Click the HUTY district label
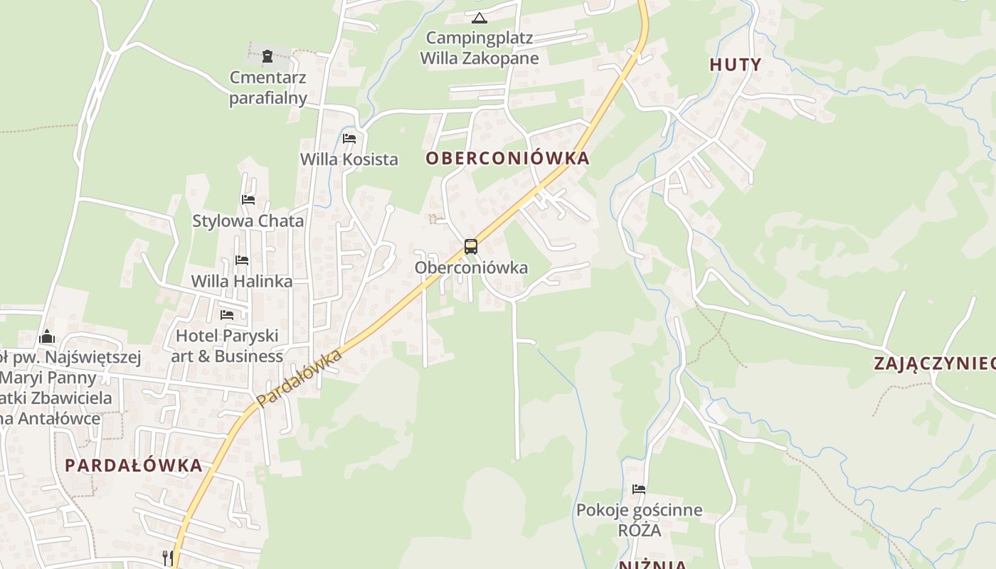[736, 65]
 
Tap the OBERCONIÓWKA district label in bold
[508, 158]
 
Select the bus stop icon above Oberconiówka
[471, 247]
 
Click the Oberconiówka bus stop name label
[471, 267]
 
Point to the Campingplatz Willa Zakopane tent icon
[479, 18]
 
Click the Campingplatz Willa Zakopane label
[480, 48]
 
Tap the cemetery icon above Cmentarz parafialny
[267, 55]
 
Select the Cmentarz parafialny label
[268, 87]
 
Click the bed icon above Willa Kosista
[349, 139]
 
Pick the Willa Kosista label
[349, 159]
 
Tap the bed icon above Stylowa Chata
[248, 200]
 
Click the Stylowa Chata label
[248, 220]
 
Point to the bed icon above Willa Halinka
[242, 260]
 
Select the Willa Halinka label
[242, 281]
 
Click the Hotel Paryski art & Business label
[227, 346]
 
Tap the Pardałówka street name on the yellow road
[300, 378]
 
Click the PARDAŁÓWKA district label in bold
[134, 466]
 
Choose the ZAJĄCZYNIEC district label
[934, 363]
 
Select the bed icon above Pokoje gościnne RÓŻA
[639, 489]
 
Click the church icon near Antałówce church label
[47, 336]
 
